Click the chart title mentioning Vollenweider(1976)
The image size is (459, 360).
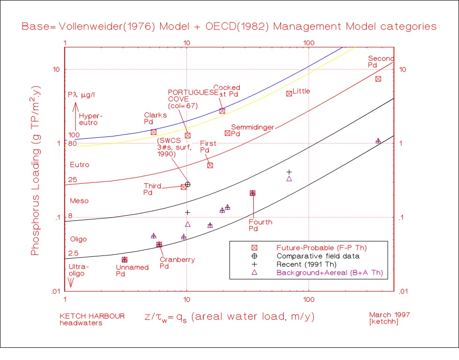229,26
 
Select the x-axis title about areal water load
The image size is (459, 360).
229,317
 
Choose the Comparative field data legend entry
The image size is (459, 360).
318,256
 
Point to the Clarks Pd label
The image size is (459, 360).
152,118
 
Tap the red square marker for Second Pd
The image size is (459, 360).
378,79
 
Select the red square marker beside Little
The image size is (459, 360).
289,94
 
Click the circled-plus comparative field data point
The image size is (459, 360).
188,185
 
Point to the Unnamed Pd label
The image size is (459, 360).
132,270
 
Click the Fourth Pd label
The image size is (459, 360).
260,225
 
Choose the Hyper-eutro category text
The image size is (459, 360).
90,119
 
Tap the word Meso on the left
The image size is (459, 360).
79,201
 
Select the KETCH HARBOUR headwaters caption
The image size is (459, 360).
92,319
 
